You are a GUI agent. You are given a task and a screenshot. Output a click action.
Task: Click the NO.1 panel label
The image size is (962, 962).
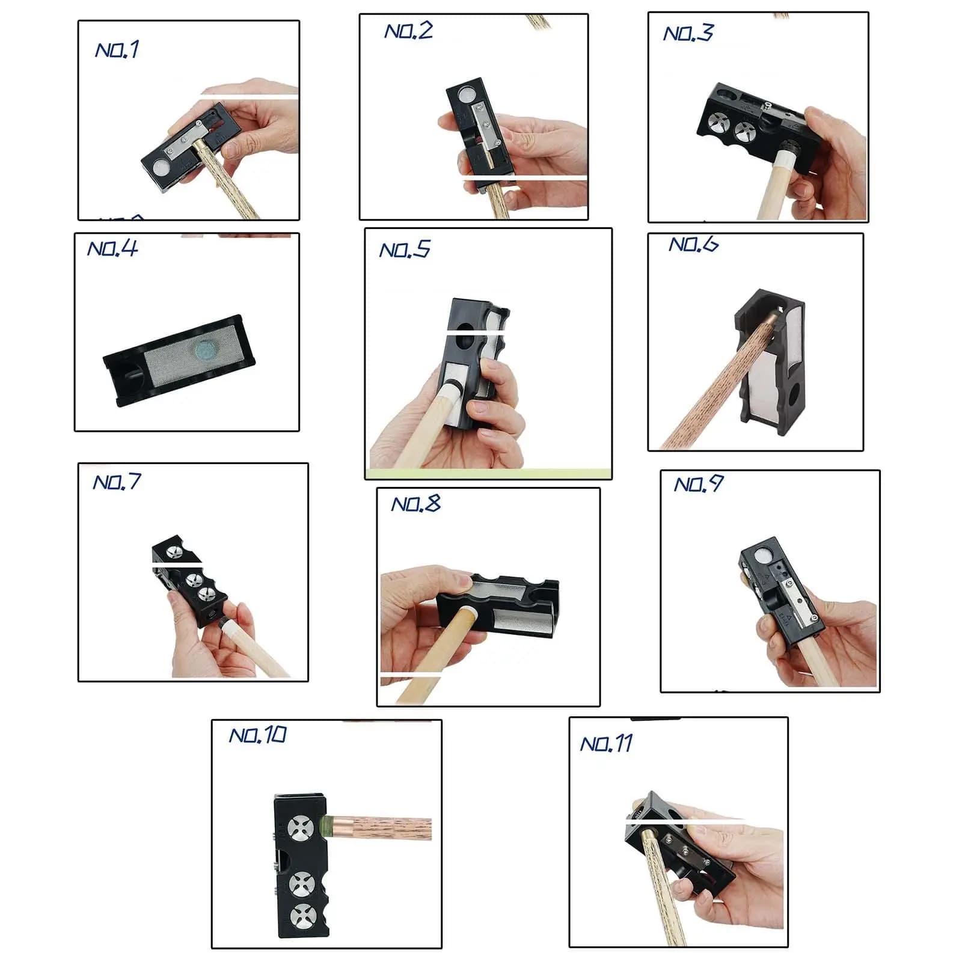click(x=117, y=49)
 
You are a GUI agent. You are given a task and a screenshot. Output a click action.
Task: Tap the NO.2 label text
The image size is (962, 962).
click(x=409, y=31)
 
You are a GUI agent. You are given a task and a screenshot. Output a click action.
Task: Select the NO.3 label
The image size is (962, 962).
click(x=688, y=32)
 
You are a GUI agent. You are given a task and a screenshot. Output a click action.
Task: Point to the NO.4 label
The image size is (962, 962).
click(x=112, y=248)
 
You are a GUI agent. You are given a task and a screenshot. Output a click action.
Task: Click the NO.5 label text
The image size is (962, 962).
click(x=405, y=250)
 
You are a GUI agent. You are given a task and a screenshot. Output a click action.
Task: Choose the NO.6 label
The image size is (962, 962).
click(x=694, y=244)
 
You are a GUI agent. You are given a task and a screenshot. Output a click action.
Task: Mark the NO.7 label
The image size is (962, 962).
click(x=117, y=482)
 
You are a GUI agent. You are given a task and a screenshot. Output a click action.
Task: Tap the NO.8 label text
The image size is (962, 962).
click(x=416, y=503)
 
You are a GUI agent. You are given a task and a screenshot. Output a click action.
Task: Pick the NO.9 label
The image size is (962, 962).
click(x=699, y=484)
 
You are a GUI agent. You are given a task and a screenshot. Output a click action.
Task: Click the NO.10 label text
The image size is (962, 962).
click(x=259, y=735)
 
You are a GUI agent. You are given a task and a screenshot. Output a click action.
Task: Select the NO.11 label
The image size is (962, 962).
click(x=607, y=744)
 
